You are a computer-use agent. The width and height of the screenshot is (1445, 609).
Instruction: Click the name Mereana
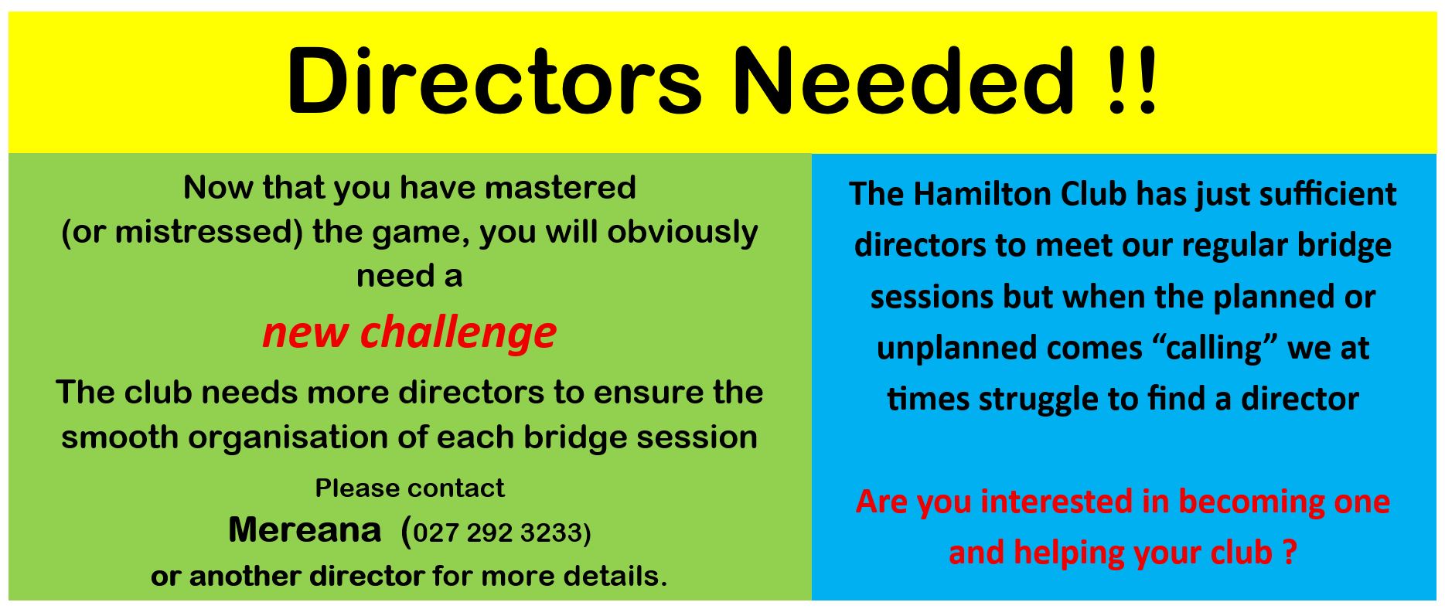click(305, 530)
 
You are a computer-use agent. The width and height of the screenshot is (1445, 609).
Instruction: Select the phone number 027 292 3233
click(499, 533)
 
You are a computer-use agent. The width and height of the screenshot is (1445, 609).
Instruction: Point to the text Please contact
click(410, 488)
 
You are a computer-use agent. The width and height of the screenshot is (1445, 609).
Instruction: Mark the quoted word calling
click(1214, 349)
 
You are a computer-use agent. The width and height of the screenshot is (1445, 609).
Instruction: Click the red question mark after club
click(1289, 553)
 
